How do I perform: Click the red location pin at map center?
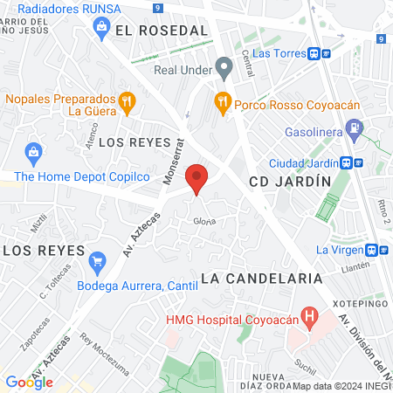[197, 179]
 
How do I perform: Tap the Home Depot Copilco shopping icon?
[33, 155]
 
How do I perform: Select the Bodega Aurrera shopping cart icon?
[98, 259]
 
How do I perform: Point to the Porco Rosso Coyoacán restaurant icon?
[223, 101]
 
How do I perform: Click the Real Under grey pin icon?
[224, 65]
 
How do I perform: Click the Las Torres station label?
[278, 52]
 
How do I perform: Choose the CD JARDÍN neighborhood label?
[290, 182]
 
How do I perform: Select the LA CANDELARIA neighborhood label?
[262, 278]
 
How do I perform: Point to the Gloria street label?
[203, 221]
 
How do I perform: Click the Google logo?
[29, 382]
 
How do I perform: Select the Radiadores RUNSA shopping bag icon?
[100, 28]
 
